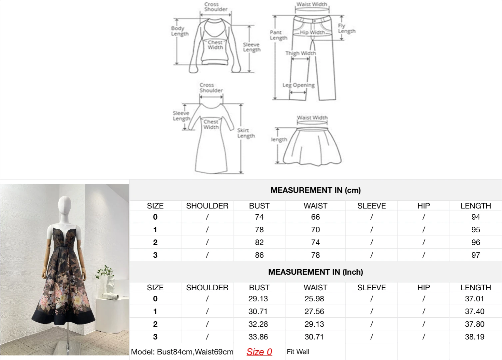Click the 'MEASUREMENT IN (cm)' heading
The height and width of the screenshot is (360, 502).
point(315,190)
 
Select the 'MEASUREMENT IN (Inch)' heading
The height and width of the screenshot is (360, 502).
point(315,272)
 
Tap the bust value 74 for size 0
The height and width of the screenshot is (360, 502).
point(259,217)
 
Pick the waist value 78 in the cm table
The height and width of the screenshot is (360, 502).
point(315,255)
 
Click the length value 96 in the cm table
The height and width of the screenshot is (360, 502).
point(476,242)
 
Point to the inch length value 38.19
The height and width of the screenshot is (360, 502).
point(474,337)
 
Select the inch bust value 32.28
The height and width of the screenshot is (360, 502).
point(258,324)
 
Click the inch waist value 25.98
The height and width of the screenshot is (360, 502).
point(314,299)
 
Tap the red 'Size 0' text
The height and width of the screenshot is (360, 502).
point(259,352)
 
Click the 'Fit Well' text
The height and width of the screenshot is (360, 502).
point(298,352)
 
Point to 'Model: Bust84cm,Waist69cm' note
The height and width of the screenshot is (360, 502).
point(182,352)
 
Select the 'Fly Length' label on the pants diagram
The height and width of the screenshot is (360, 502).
point(346,28)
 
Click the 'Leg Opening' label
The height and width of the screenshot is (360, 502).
point(298,85)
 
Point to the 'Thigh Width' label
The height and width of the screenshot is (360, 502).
point(300,53)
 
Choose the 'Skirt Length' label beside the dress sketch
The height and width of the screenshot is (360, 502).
point(246,133)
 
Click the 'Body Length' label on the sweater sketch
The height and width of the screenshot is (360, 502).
point(180,31)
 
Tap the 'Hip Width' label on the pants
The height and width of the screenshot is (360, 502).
point(312,33)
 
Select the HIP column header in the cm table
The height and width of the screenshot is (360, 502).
point(424,206)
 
